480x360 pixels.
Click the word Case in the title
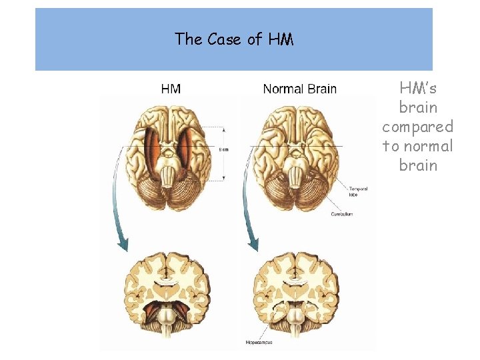pos(225,39)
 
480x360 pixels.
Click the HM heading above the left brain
pos(171,89)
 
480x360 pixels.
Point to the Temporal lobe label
pos(358,191)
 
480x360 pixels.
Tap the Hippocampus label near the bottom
pos(259,343)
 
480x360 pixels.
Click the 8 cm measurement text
pos(224,149)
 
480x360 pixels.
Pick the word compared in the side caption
pos(417,127)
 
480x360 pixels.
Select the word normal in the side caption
pos(427,146)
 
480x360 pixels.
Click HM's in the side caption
pos(418,88)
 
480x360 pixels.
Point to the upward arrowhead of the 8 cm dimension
pos(224,129)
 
